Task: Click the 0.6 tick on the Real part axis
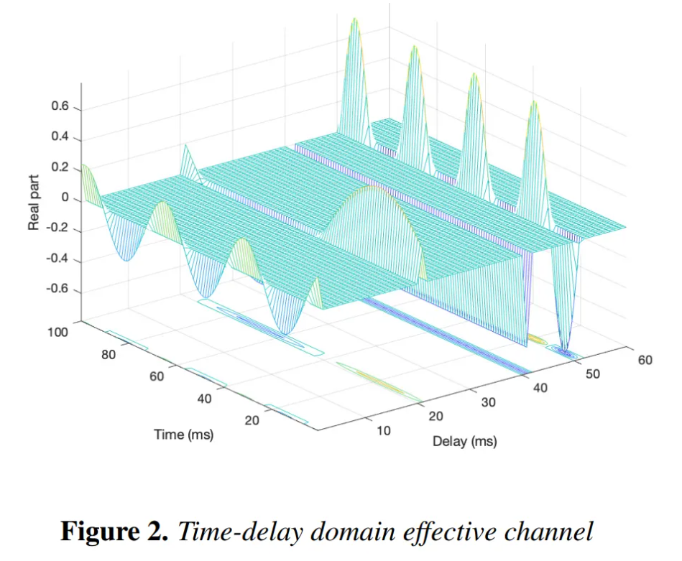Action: pos(61,108)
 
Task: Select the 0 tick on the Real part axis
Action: pos(67,198)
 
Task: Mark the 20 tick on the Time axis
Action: pos(252,420)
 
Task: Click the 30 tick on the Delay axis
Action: pos(489,402)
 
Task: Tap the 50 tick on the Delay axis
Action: pos(593,373)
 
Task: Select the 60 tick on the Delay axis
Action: pos(645,359)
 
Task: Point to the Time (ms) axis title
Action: pos(183,435)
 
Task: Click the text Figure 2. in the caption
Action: pos(114,532)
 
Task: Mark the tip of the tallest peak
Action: pos(354,19)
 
